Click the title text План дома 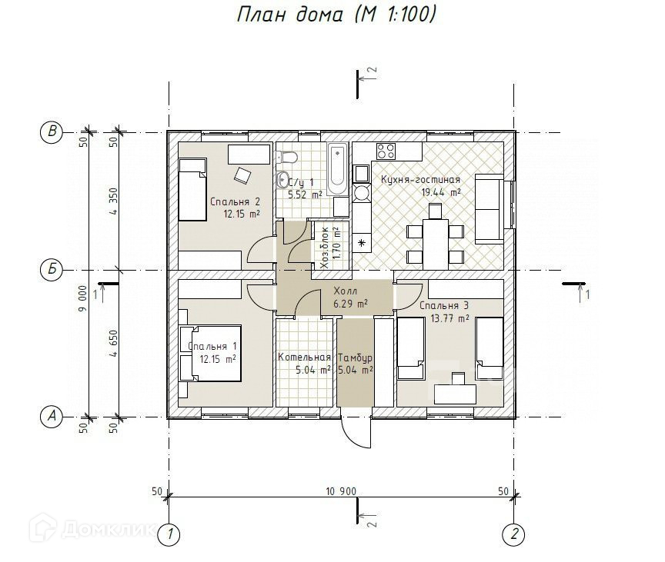pos(289,15)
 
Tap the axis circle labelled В pos(52,131)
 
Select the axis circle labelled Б pos(52,269)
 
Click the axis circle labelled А pos(52,417)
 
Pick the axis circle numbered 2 pos(514,534)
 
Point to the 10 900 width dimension pos(341,491)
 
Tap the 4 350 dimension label pos(113,201)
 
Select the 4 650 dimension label pos(113,344)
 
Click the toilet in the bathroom pos(287,157)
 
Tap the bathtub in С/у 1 pos(338,169)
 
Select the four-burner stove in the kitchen pos(386,151)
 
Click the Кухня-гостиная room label pos(420,180)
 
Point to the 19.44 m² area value pos(441,193)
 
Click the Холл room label pos(346,291)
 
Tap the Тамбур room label pos(356,357)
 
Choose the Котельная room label pos(304,357)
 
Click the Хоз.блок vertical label pos(326,248)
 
